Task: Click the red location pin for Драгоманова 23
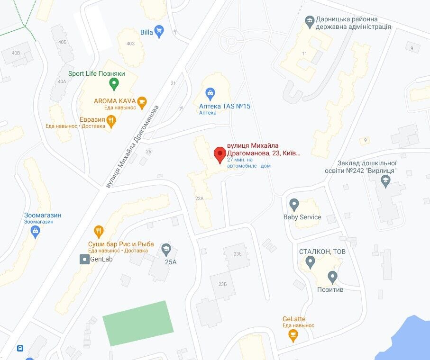pyautogui.click(x=219, y=154)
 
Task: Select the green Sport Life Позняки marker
pyautogui.click(x=113, y=84)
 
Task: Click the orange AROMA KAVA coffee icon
pyautogui.click(x=142, y=101)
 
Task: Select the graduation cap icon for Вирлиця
pyautogui.click(x=386, y=179)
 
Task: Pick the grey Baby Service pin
pyautogui.click(x=294, y=205)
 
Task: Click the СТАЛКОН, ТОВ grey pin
pyautogui.click(x=310, y=261)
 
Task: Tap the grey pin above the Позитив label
pyautogui.click(x=332, y=277)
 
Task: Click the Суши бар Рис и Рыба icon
pyautogui.click(x=99, y=231)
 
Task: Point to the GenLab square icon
pyautogui.click(x=84, y=259)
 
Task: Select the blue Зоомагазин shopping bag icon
pyautogui.click(x=35, y=232)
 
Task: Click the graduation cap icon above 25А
pyautogui.click(x=166, y=249)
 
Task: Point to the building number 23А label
pyautogui.click(x=199, y=198)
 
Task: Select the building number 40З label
pyautogui.click(x=130, y=44)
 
